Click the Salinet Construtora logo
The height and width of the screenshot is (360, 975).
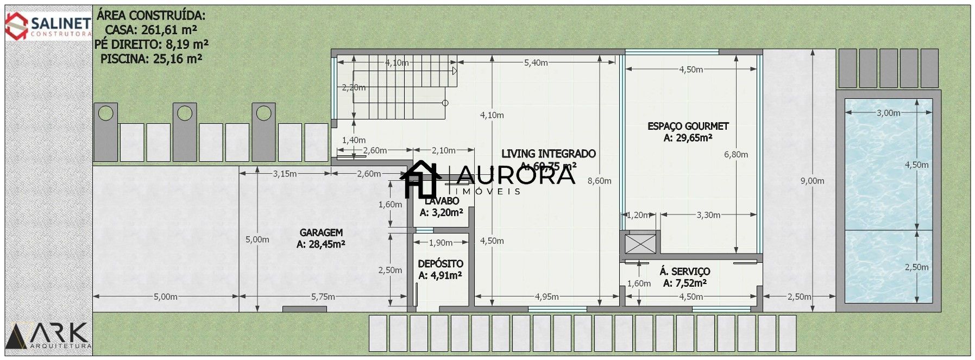(x=48, y=26)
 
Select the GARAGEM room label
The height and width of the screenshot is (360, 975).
(x=321, y=232)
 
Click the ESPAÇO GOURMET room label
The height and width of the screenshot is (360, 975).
(x=688, y=126)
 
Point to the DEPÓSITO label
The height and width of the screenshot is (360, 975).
(x=441, y=264)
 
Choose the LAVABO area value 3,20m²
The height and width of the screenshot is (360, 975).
(x=441, y=213)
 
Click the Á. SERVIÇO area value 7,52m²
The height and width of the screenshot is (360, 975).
(x=684, y=283)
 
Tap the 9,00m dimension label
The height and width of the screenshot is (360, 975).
(x=812, y=181)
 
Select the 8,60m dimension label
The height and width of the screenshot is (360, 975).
(x=599, y=181)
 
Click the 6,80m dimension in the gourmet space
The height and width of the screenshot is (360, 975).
(x=735, y=154)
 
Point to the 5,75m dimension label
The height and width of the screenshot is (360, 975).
(x=323, y=296)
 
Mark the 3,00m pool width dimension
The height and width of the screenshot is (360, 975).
(x=888, y=113)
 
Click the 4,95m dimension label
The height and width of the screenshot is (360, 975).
(x=546, y=296)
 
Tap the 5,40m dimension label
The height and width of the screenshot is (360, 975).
(x=536, y=62)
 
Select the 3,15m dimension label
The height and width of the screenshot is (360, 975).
(x=285, y=174)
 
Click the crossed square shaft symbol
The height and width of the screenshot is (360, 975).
(x=640, y=243)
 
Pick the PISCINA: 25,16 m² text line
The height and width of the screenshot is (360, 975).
(x=151, y=58)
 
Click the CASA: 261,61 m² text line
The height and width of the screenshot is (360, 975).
(x=151, y=29)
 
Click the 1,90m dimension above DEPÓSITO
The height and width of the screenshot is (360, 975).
(x=441, y=243)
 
